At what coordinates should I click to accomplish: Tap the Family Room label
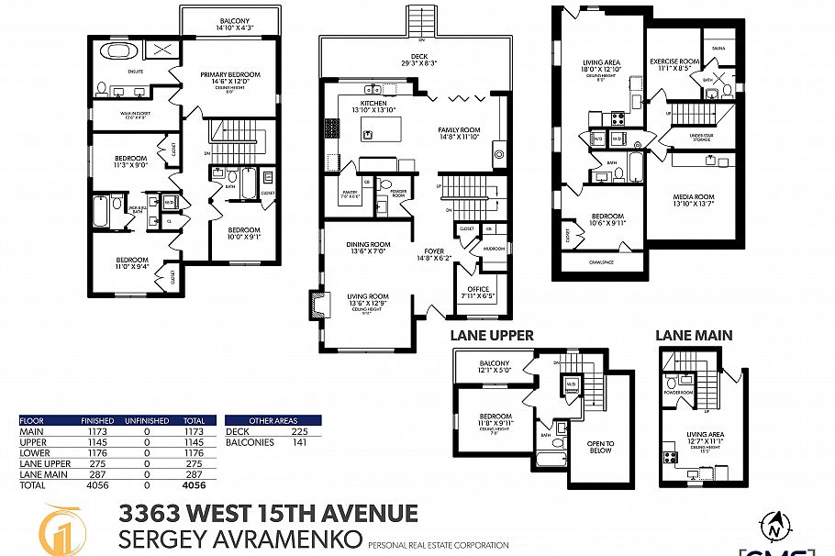459,130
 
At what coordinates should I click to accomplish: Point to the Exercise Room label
674,61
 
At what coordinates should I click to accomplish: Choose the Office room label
479,289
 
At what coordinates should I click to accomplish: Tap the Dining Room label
368,244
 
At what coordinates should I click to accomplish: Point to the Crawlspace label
600,261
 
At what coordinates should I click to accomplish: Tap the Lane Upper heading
491,336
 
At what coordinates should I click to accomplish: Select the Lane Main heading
693,336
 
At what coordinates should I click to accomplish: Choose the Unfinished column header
147,421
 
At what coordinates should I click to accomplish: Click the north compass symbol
776,527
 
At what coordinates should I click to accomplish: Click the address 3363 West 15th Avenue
268,514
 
